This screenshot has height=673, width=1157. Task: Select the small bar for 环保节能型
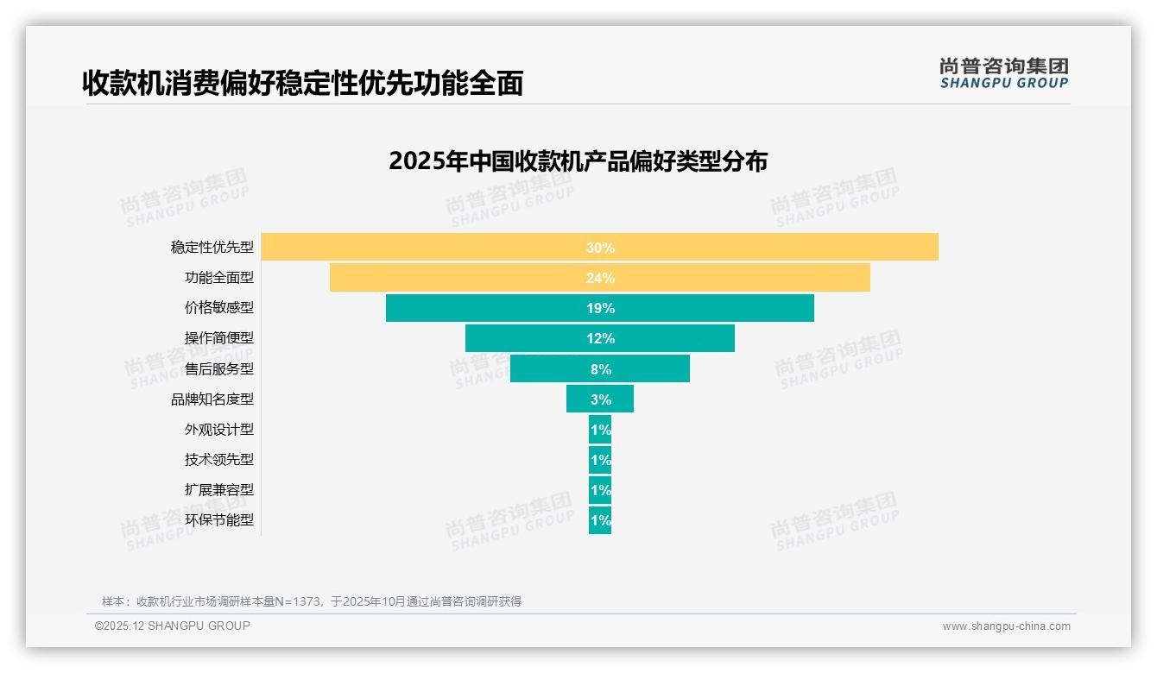pos(600,520)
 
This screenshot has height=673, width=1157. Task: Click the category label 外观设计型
pos(219,430)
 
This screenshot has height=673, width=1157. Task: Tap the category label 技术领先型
pos(219,460)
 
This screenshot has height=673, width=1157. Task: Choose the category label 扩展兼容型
pos(219,490)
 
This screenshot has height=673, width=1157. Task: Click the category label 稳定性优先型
pos(212,248)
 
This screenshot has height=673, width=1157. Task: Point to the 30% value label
pos(600,248)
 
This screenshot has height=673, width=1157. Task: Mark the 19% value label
pos(600,308)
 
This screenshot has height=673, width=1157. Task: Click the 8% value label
pos(600,369)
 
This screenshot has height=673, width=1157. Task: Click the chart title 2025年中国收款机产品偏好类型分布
pos(578,161)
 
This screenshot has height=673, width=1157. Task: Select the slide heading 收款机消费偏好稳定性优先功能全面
pos(302,83)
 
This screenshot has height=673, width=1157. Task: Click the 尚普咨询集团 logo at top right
pos(1003,72)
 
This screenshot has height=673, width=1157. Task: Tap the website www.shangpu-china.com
pos(1006,626)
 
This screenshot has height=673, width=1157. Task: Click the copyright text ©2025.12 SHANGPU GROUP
pos(173,626)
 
